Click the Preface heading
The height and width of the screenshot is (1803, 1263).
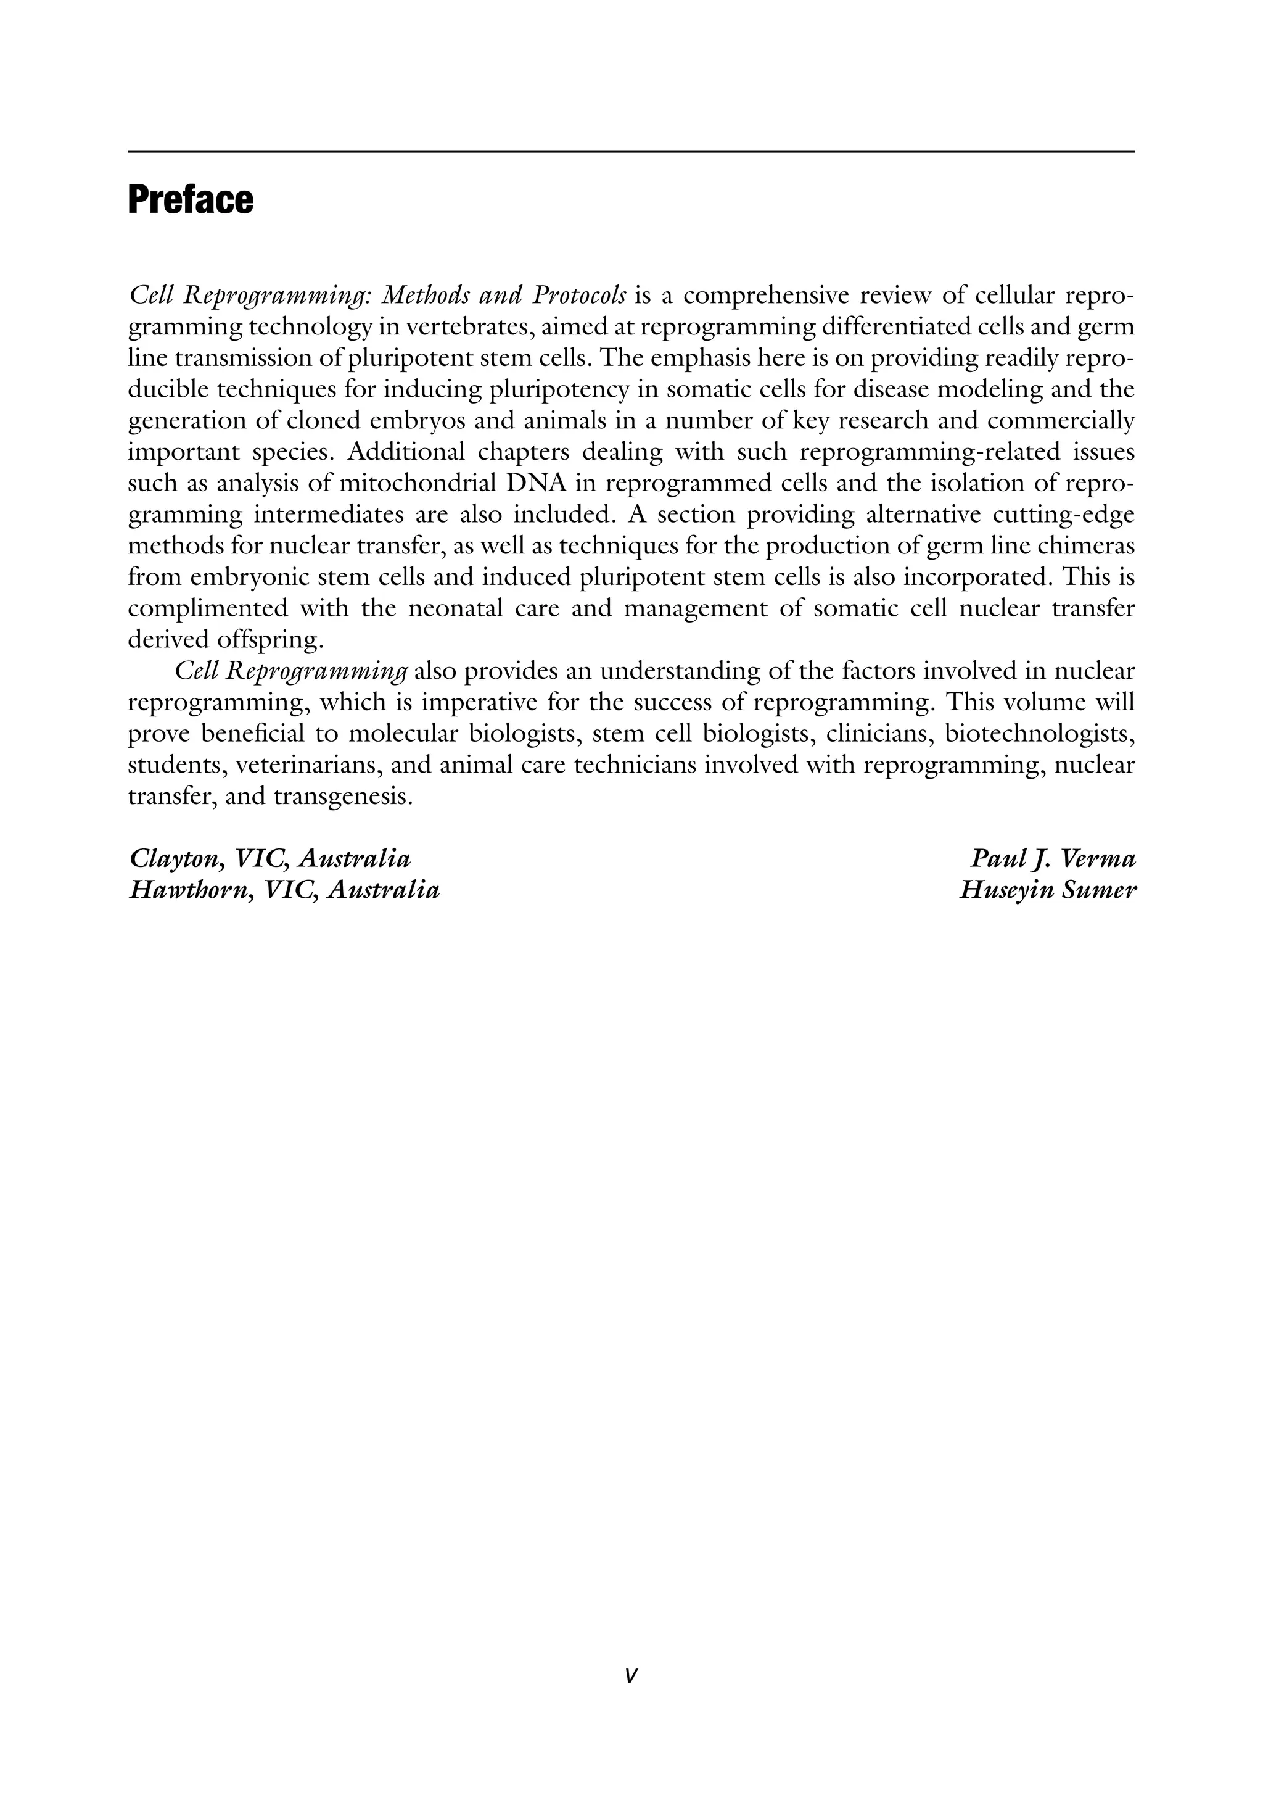coord(190,201)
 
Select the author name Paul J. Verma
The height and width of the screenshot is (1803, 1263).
coord(1053,859)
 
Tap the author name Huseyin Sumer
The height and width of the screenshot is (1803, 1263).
coord(1047,890)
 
